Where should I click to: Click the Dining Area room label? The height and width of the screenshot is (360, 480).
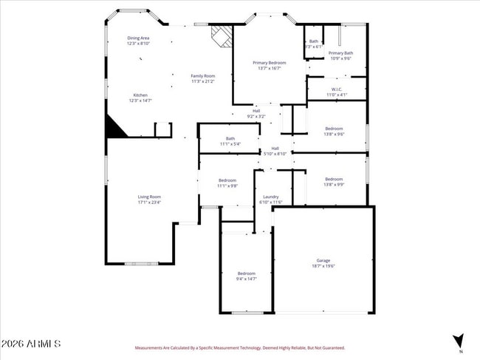(x=139, y=41)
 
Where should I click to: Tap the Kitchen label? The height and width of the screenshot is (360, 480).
(x=140, y=98)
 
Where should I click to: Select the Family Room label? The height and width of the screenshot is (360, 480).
(x=203, y=78)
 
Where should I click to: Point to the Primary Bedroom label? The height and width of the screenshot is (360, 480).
(x=269, y=66)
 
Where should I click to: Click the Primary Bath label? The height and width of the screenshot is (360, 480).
(x=340, y=55)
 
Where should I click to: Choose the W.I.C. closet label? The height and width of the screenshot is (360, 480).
(x=336, y=92)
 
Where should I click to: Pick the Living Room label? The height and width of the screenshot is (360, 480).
(x=149, y=199)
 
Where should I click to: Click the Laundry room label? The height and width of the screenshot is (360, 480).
(x=271, y=199)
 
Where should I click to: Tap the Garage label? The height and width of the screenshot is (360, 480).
(x=323, y=263)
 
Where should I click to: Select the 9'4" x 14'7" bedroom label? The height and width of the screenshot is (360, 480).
(x=246, y=276)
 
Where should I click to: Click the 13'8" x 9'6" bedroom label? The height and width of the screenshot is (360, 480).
(x=334, y=132)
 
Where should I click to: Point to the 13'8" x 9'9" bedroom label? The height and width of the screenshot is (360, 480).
(x=334, y=181)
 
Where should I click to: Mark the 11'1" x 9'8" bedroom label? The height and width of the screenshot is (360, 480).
(x=227, y=183)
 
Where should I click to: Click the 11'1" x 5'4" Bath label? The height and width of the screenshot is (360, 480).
(x=230, y=141)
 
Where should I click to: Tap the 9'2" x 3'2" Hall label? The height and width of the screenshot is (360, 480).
(x=256, y=114)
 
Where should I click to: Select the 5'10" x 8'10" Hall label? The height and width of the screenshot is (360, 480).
(x=275, y=151)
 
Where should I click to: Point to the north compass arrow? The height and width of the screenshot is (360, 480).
(x=459, y=340)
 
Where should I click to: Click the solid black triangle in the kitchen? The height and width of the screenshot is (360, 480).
(x=114, y=127)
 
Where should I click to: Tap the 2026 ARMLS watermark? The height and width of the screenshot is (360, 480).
(x=31, y=344)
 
